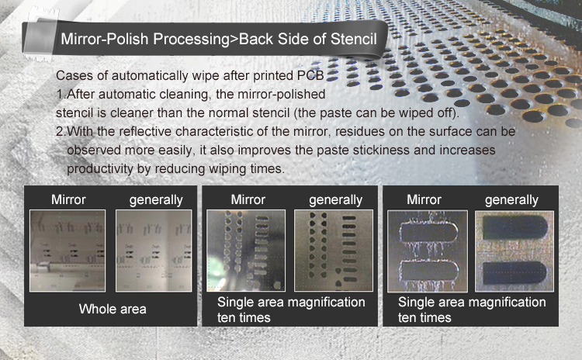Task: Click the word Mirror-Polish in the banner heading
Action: [105, 39]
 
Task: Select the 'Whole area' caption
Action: [113, 309]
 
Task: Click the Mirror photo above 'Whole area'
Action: [68, 251]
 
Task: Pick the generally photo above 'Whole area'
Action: [154, 251]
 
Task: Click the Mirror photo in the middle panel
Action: [246, 251]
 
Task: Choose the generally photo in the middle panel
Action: [334, 251]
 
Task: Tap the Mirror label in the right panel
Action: [424, 199]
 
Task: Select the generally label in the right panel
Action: [511, 200]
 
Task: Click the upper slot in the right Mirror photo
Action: [428, 231]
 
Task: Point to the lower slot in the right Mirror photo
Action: [428, 271]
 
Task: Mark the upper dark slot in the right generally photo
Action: [515, 227]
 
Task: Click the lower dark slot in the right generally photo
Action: [514, 273]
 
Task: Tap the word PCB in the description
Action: [310, 75]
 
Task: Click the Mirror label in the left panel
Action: [68, 199]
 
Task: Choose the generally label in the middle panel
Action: [335, 200]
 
